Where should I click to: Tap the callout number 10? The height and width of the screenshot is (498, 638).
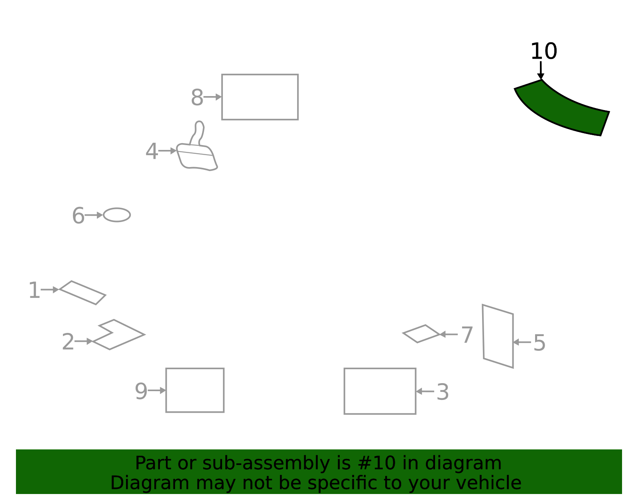tap(544, 51)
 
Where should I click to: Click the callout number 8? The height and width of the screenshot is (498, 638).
tap(197, 97)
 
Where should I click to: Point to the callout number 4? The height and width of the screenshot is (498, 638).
tap(152, 152)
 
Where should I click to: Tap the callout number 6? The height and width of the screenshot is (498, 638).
tap(78, 215)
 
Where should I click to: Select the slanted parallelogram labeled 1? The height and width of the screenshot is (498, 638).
tap(83, 293)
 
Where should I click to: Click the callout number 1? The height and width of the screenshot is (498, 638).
tap(34, 290)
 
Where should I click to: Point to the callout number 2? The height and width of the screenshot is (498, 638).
tap(68, 342)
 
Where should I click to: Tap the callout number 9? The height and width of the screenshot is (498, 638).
tap(141, 391)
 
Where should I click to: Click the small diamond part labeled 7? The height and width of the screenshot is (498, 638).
tap(421, 334)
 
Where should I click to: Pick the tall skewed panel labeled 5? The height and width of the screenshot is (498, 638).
tap(498, 337)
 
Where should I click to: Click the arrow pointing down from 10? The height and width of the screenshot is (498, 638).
tap(541, 70)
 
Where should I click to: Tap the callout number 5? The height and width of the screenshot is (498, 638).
tap(540, 342)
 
